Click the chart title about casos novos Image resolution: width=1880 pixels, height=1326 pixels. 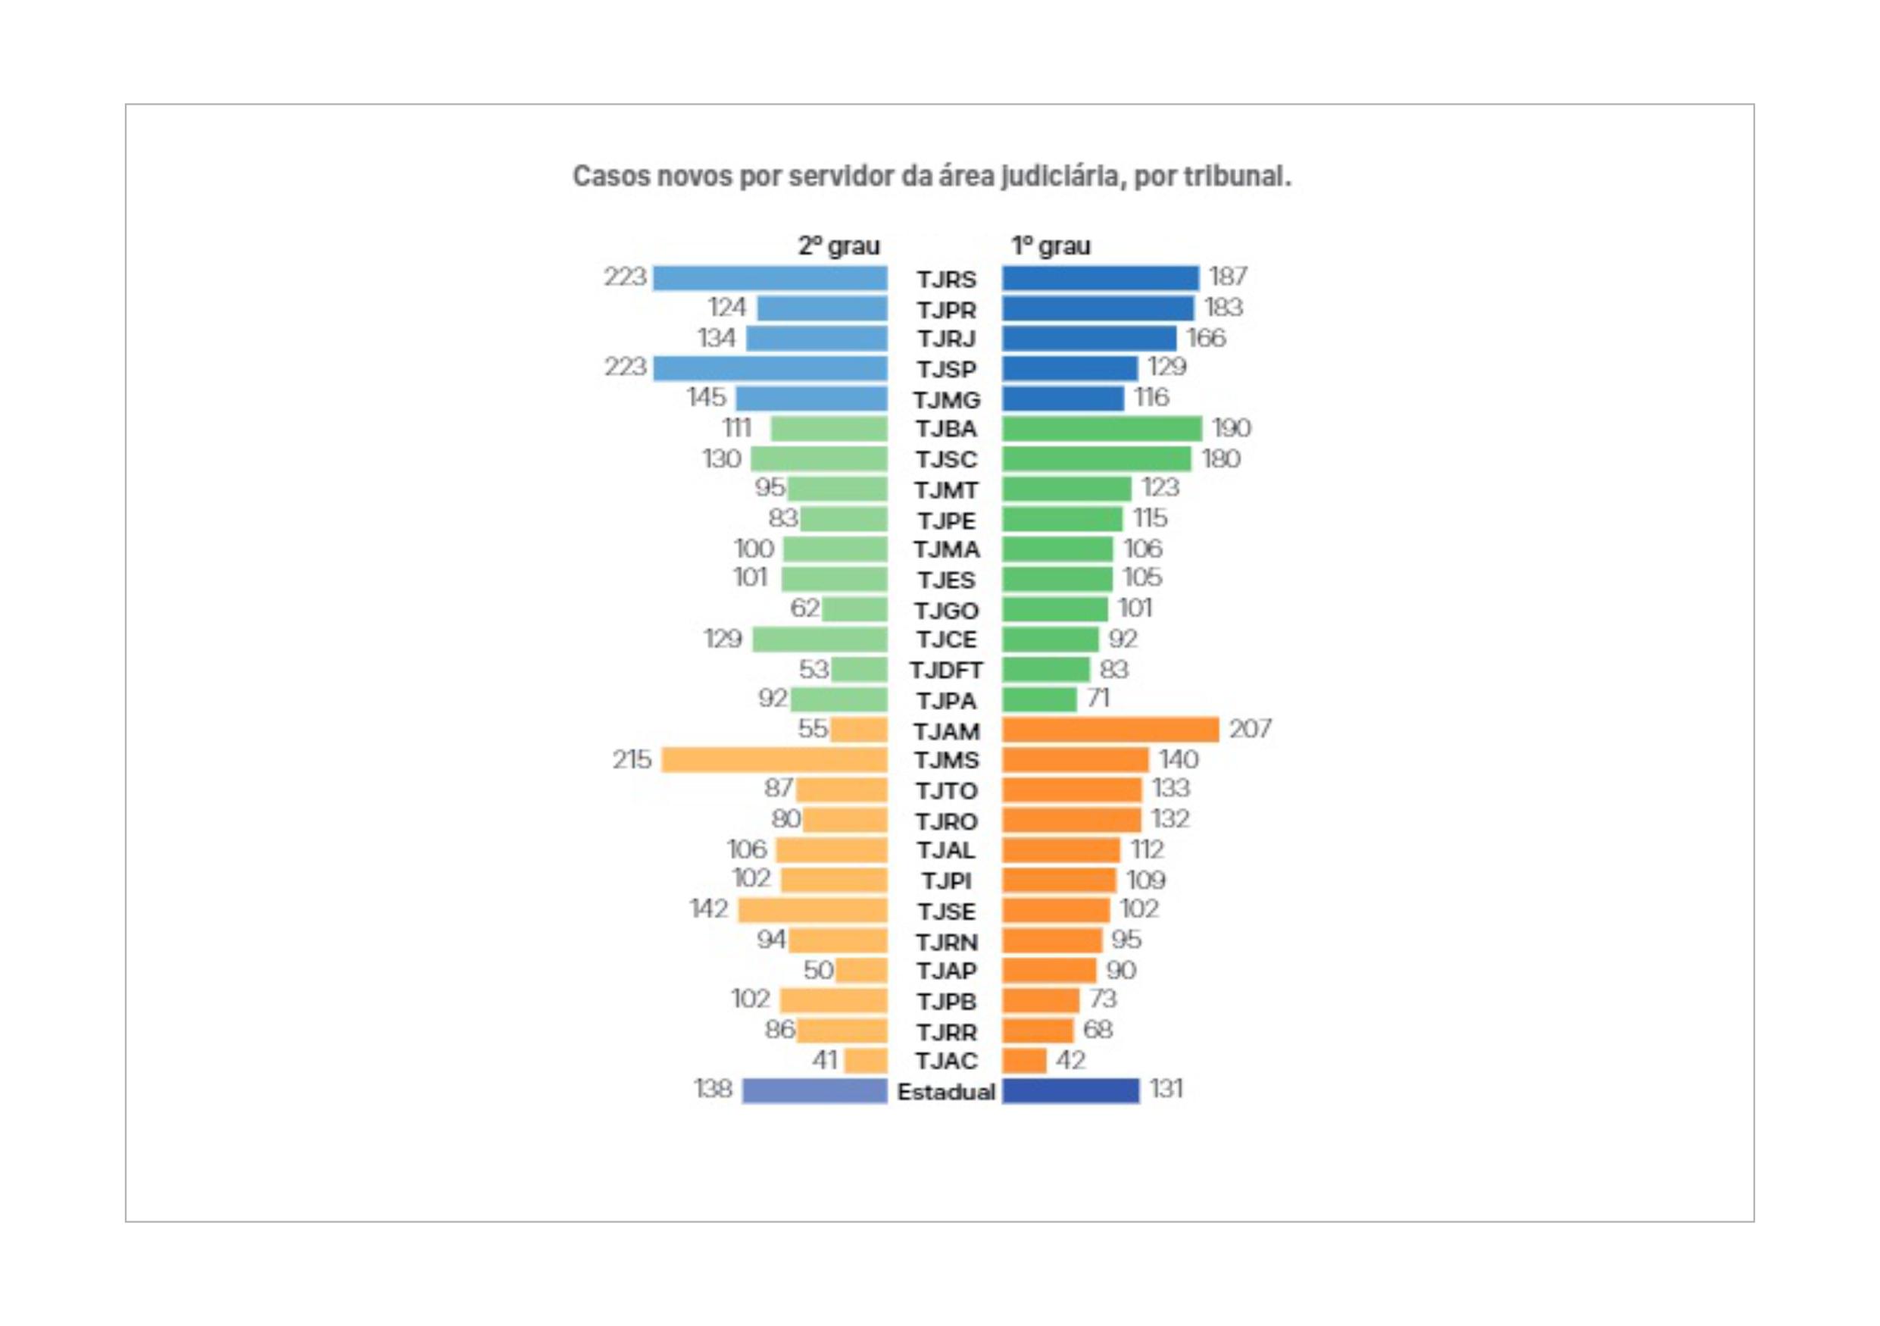931,176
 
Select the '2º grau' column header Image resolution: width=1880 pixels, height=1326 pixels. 839,245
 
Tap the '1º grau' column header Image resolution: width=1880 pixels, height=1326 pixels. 1051,245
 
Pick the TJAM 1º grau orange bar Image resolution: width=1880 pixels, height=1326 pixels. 1110,729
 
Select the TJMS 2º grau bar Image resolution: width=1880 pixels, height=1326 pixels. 774,759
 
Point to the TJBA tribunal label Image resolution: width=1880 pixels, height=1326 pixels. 946,429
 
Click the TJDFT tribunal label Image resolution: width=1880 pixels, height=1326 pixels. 946,670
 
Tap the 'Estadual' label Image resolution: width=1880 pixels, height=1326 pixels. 946,1092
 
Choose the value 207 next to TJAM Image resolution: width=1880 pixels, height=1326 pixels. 1250,728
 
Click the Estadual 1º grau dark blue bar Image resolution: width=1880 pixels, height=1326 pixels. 1070,1091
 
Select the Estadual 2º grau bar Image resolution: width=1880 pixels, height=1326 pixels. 815,1091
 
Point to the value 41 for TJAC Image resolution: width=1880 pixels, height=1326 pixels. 825,1060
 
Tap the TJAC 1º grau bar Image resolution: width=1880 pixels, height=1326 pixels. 1024,1061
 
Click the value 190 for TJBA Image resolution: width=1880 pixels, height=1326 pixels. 1231,427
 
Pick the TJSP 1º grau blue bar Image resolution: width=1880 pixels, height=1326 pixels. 1070,368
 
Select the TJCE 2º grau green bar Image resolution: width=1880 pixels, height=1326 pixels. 820,639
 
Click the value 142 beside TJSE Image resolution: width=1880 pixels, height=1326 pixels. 708,908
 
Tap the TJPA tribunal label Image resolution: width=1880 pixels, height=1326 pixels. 946,701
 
